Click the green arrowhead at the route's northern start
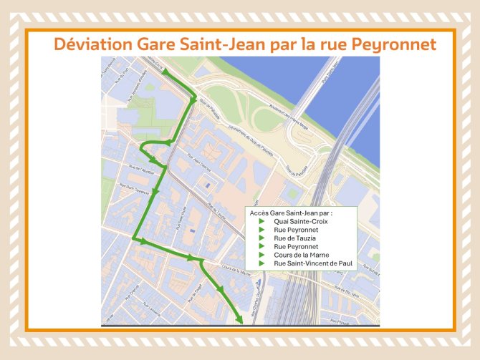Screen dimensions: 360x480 pos(165,74)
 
